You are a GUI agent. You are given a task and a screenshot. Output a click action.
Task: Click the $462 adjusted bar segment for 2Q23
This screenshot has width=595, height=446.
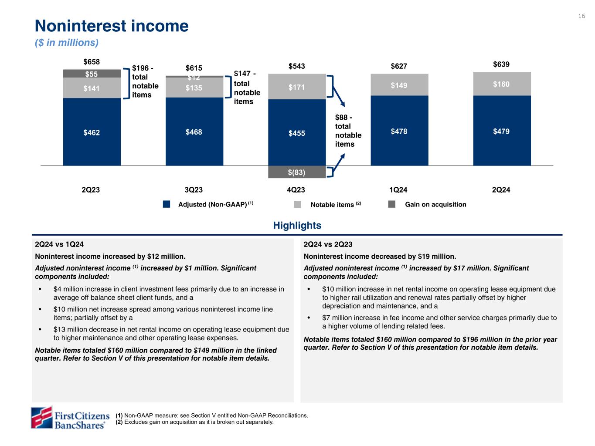[x=92, y=132]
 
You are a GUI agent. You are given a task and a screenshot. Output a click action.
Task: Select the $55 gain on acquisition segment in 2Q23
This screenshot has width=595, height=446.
[x=92, y=74]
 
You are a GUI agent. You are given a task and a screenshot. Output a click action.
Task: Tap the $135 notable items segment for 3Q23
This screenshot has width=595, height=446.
[x=194, y=88]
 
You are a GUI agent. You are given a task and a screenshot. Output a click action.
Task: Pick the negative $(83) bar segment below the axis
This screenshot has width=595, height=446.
[x=296, y=172]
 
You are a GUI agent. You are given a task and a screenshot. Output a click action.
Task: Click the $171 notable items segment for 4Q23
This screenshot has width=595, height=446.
[x=296, y=87]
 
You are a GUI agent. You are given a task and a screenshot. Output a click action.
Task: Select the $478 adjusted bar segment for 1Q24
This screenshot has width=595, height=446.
[x=399, y=131]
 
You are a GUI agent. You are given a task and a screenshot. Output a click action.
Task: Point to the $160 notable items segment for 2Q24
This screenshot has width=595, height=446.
[x=502, y=84]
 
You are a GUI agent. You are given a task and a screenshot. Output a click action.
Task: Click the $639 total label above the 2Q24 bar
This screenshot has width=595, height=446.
[x=501, y=64]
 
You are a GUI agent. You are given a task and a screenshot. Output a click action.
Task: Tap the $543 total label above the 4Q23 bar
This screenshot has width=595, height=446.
[x=296, y=66]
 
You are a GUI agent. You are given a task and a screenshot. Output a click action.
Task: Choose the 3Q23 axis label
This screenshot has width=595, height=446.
[x=194, y=190]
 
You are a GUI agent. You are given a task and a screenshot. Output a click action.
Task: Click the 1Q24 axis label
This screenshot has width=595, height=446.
[x=399, y=190]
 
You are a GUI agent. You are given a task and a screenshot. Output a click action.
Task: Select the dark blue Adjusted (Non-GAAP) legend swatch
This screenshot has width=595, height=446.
[x=166, y=204]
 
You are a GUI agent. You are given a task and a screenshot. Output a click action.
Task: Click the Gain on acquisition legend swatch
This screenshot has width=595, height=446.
[x=392, y=204]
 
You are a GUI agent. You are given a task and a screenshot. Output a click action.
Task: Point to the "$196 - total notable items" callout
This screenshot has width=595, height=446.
[x=145, y=81]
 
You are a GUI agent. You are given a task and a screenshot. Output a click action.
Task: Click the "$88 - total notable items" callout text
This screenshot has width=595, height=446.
[x=348, y=131]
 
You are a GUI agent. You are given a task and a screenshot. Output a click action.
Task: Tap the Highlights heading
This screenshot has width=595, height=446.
[x=297, y=225]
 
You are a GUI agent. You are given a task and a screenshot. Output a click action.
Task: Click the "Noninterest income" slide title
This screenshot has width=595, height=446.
[x=112, y=26]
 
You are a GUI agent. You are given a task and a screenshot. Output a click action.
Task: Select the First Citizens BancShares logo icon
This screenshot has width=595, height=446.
[x=41, y=417]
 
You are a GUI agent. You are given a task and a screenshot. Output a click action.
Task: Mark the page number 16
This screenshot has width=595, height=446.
[x=581, y=16]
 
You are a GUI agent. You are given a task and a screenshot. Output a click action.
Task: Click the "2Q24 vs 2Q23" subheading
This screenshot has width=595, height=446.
[x=328, y=244]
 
